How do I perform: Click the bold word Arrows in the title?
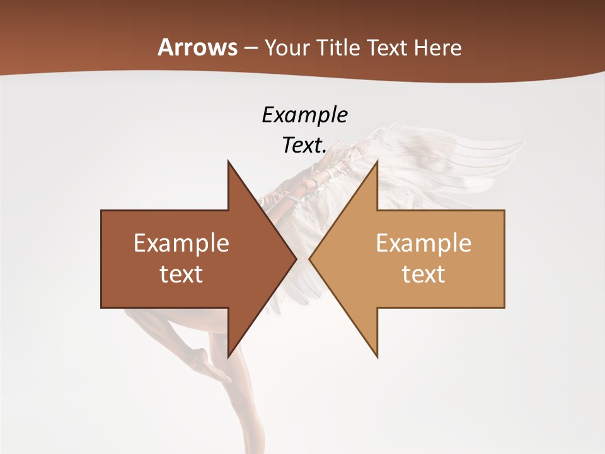pos(197,47)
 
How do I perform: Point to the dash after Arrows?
pos(250,49)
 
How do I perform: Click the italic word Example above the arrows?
pos(304,115)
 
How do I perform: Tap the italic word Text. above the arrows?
pos(304,145)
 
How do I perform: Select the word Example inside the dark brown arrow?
pos(181,243)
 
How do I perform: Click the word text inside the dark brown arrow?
pos(181,274)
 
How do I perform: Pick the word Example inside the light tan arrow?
pos(423,243)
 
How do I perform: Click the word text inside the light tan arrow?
pos(423,274)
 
